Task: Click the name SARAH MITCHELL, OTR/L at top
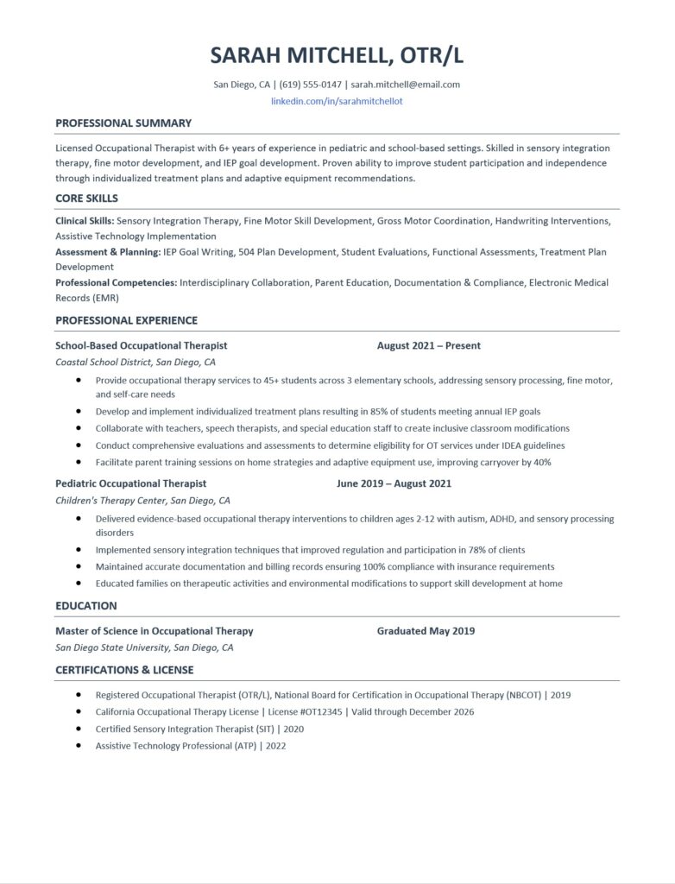[337, 55]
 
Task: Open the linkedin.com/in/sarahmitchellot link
[337, 101]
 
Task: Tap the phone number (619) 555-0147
[310, 85]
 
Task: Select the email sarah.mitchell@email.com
[406, 85]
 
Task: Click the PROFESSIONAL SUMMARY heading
[123, 123]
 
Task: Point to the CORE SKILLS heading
[86, 198]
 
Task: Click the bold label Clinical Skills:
[85, 222]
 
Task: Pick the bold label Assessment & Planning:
[108, 252]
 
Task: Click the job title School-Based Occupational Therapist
[142, 345]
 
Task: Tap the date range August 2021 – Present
[429, 345]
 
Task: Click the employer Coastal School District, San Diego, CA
[136, 363]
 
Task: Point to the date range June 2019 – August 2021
[394, 483]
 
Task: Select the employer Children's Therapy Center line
[142, 501]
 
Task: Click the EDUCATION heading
[85, 606]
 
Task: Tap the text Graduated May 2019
[426, 631]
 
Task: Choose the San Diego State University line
[144, 647]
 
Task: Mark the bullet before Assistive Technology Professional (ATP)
[79, 745]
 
